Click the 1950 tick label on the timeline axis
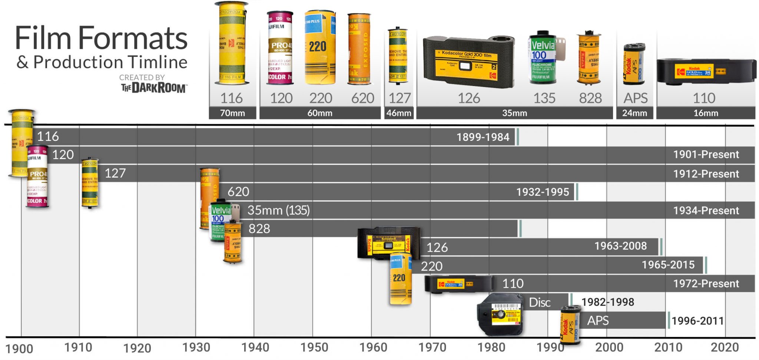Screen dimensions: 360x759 (314, 347)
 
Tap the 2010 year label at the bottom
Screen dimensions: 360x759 (668, 347)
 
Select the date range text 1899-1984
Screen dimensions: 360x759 (483, 137)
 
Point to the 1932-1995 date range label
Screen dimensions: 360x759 (542, 192)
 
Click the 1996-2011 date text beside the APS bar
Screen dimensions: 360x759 (697, 321)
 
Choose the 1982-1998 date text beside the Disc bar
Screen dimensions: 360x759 (607, 302)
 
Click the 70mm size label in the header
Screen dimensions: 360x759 (232, 113)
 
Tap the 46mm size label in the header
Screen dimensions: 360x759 (399, 113)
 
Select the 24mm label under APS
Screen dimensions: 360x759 (634, 113)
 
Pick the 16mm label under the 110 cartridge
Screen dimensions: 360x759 (706, 113)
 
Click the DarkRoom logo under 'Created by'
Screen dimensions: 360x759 (153, 88)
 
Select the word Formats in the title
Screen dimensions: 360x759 (133, 38)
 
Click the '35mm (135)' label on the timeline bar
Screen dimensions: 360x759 (278, 210)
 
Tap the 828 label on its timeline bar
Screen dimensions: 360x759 (259, 229)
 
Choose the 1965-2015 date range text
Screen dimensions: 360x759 (668, 265)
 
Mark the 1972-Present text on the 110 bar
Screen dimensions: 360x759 (706, 284)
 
